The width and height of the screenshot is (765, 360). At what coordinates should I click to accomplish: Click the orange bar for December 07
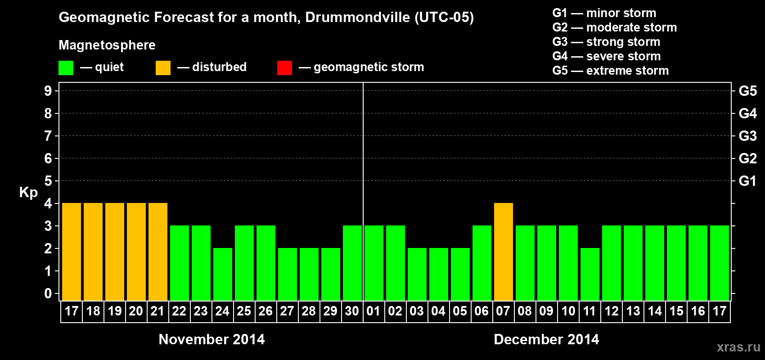point(503,252)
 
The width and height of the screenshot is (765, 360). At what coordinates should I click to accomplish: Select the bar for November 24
point(222,274)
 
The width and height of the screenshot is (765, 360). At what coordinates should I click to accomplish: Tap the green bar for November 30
point(352,263)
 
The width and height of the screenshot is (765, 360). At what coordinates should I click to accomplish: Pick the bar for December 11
point(589,274)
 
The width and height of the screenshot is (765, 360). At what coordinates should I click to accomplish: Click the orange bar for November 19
point(114,252)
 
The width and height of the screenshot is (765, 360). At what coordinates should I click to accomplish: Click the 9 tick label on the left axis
point(48,91)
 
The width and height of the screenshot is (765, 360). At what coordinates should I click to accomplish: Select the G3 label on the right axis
point(747,136)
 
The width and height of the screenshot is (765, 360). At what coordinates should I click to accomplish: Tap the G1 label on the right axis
point(747,181)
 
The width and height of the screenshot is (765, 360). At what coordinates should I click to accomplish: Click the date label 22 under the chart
point(179,311)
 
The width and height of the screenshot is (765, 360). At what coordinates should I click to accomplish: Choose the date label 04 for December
point(438,311)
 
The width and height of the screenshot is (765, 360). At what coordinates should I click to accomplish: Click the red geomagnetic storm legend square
point(284,68)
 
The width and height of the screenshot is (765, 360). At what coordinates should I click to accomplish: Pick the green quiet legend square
point(66,68)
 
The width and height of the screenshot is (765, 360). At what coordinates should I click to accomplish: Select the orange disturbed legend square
point(163,68)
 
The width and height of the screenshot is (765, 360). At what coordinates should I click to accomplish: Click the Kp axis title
point(28,192)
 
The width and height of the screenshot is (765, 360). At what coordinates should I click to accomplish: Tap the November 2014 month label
point(211,339)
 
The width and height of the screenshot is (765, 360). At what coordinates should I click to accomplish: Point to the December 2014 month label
point(546,339)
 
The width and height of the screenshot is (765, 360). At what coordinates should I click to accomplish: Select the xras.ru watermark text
point(738,347)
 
